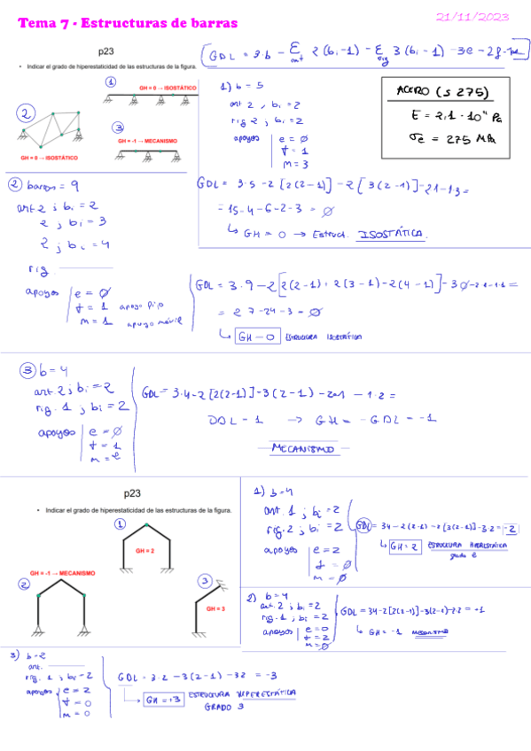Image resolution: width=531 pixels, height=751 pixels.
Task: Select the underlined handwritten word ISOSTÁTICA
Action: (x=393, y=235)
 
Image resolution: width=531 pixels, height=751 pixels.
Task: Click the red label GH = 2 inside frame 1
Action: (x=144, y=550)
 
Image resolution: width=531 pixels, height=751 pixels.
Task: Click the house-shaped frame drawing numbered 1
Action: (x=145, y=554)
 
